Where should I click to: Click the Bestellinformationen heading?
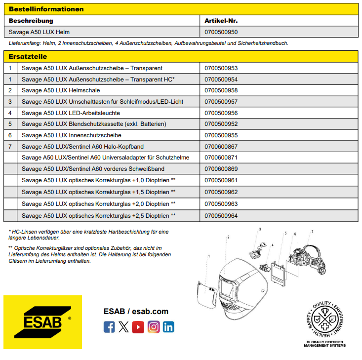46,9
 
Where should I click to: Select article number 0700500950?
221,32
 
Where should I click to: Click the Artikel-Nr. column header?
222,21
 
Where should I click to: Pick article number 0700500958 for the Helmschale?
221,90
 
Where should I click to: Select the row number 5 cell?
10,124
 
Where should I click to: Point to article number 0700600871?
221,158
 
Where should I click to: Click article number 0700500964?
221,215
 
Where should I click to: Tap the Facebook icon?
109,327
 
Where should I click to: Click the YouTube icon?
138,327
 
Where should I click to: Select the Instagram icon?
154,327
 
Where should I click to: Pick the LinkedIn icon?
168,327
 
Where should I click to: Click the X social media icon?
124,327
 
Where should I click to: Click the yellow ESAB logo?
42,322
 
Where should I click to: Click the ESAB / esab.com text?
136,311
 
